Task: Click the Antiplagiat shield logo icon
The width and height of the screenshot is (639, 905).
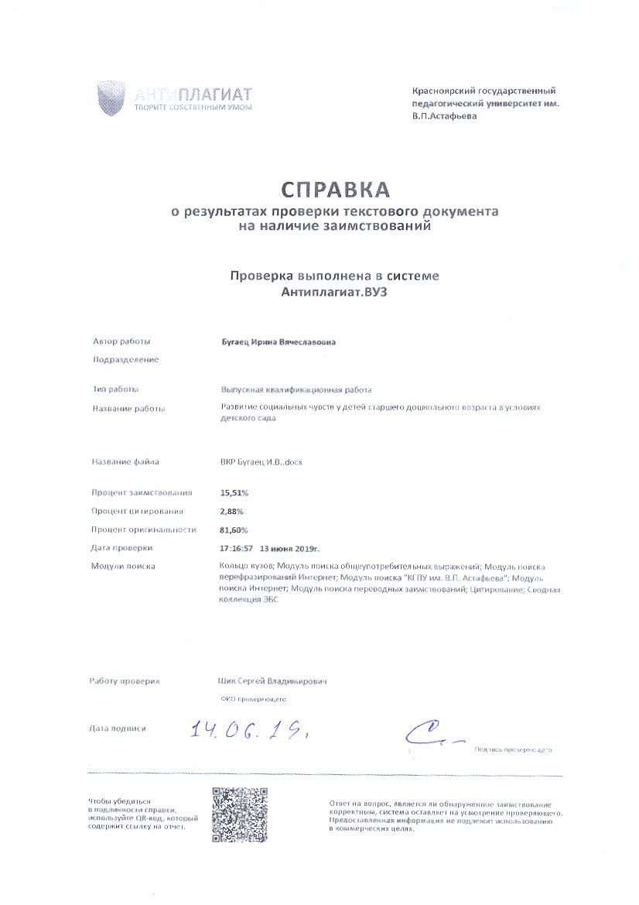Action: pyautogui.click(x=111, y=98)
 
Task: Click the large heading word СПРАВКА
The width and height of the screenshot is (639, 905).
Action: pyautogui.click(x=335, y=190)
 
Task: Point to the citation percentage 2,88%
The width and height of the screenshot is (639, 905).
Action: pyautogui.click(x=232, y=511)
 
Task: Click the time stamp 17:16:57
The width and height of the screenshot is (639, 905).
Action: pyautogui.click(x=237, y=548)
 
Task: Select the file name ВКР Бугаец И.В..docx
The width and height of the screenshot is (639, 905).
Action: pyautogui.click(x=261, y=462)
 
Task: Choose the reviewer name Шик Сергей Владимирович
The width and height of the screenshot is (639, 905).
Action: pyautogui.click(x=273, y=681)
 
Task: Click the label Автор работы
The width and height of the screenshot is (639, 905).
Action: pyautogui.click(x=121, y=341)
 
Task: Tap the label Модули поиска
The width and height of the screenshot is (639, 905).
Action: pyautogui.click(x=124, y=566)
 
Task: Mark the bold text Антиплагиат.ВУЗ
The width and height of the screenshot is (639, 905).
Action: pyautogui.click(x=335, y=292)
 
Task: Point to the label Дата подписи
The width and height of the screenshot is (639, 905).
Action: pyautogui.click(x=118, y=728)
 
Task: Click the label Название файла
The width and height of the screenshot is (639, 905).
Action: pyautogui.click(x=125, y=462)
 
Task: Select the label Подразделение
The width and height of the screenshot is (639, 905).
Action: pyautogui.click(x=125, y=360)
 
